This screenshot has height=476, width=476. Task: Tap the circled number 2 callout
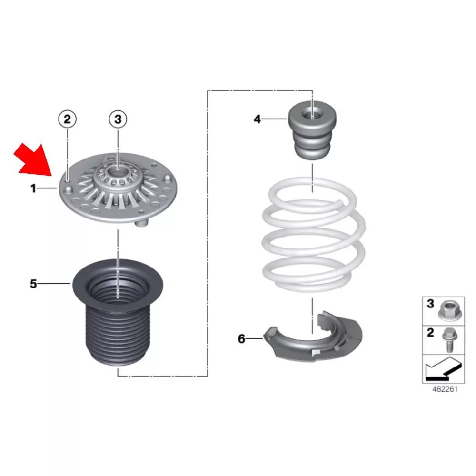pos(67,119)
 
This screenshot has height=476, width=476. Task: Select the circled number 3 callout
pos(118,119)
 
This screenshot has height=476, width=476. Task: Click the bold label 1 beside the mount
pos(33,188)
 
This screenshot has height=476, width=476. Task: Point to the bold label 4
pos(257,119)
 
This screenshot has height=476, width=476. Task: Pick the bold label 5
pos(33,284)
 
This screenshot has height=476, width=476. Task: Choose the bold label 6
pos(241,338)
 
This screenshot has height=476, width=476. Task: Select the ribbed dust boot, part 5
pos(118,313)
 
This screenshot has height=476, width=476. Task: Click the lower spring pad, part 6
pos(313,337)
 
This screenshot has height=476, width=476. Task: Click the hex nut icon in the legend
pos(447,310)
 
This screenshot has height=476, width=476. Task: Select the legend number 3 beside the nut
pos(430,304)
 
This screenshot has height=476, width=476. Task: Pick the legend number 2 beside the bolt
pos(430,333)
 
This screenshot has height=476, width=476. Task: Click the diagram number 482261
pos(445,389)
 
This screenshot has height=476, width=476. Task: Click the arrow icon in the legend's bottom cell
pos(443,369)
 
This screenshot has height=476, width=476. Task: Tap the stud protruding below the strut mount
pos(141,223)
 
